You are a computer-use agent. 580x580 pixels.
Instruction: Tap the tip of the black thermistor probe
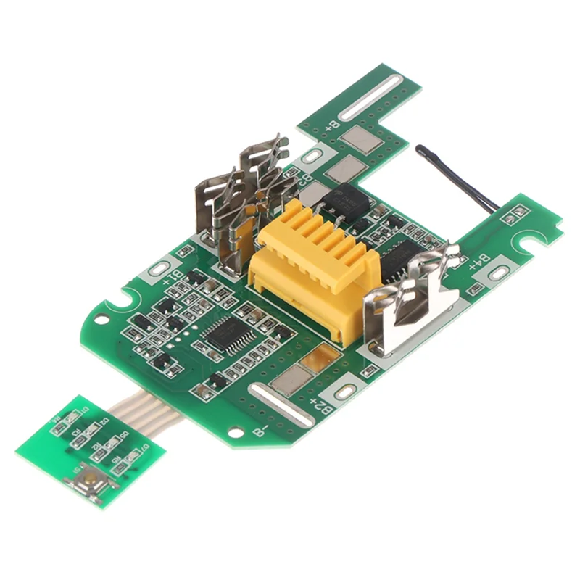click(421, 151)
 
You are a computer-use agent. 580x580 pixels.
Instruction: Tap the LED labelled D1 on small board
click(74, 415)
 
